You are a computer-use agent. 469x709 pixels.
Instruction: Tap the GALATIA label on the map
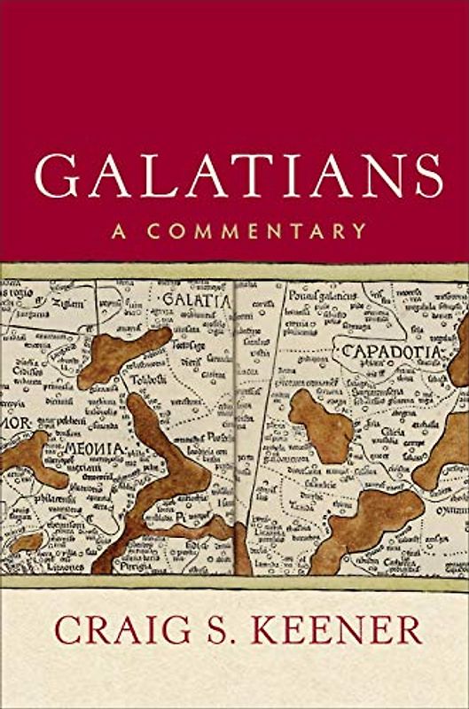[196, 300]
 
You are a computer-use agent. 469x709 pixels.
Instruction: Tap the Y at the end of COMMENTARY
[359, 232]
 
